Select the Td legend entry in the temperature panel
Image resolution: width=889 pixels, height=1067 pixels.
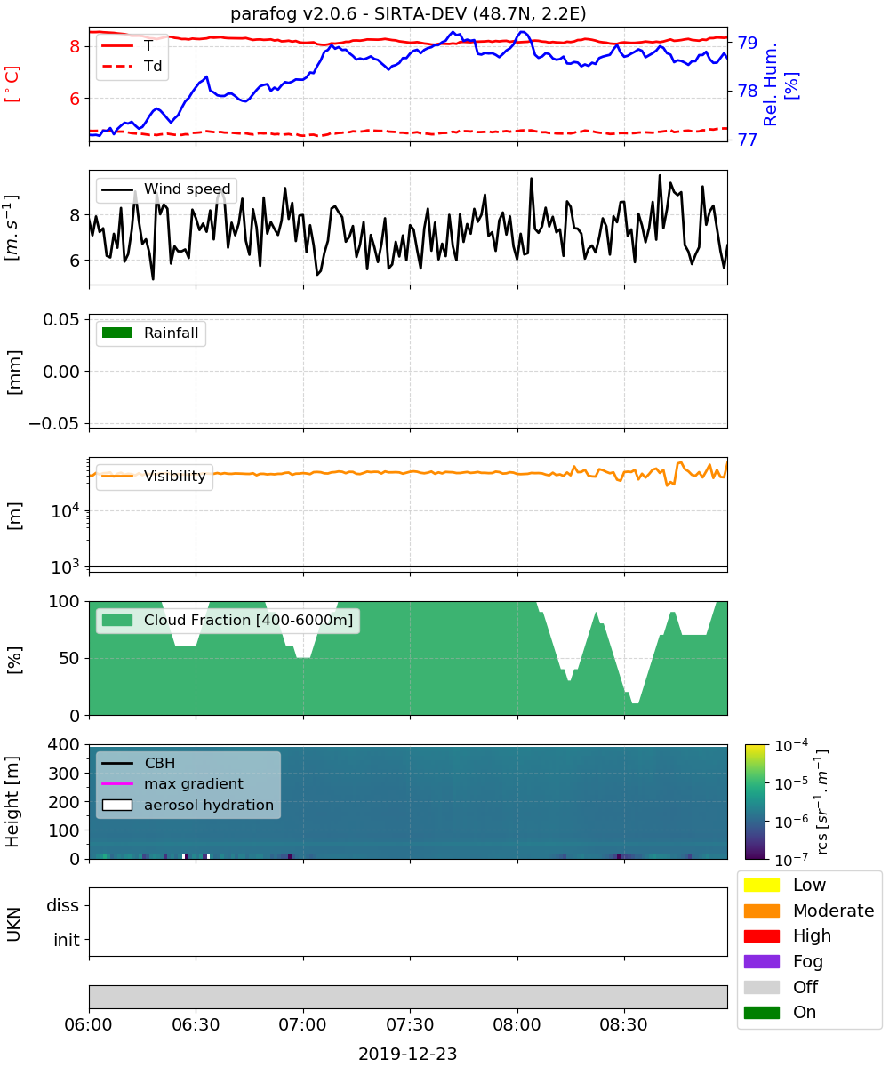click(132, 66)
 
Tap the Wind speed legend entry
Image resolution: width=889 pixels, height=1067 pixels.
click(166, 189)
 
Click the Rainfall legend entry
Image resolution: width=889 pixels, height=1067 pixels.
click(150, 333)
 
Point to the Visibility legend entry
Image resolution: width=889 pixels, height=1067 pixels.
click(154, 476)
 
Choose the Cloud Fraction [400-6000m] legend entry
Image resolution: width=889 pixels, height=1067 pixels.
click(228, 620)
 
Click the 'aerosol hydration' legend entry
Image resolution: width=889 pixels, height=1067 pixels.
click(188, 805)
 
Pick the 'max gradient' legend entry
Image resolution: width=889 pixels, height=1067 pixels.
click(172, 783)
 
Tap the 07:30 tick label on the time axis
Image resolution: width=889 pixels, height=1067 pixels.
click(410, 1024)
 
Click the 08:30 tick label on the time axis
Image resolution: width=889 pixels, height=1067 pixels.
click(623, 1024)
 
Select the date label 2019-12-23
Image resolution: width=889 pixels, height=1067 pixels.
click(408, 1055)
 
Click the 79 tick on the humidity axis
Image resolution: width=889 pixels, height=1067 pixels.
click(748, 43)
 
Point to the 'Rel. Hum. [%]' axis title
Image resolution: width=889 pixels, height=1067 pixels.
click(781, 84)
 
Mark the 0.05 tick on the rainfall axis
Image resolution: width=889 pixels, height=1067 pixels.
click(61, 319)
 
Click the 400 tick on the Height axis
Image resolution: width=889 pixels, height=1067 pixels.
click(64, 744)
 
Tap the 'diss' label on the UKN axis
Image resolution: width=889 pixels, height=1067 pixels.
click(62, 905)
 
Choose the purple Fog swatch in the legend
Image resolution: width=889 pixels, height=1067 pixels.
click(761, 961)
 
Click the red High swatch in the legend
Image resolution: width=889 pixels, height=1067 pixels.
click(761, 935)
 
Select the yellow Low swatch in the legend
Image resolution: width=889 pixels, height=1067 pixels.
click(761, 885)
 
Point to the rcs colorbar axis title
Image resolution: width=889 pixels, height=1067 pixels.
click(821, 802)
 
